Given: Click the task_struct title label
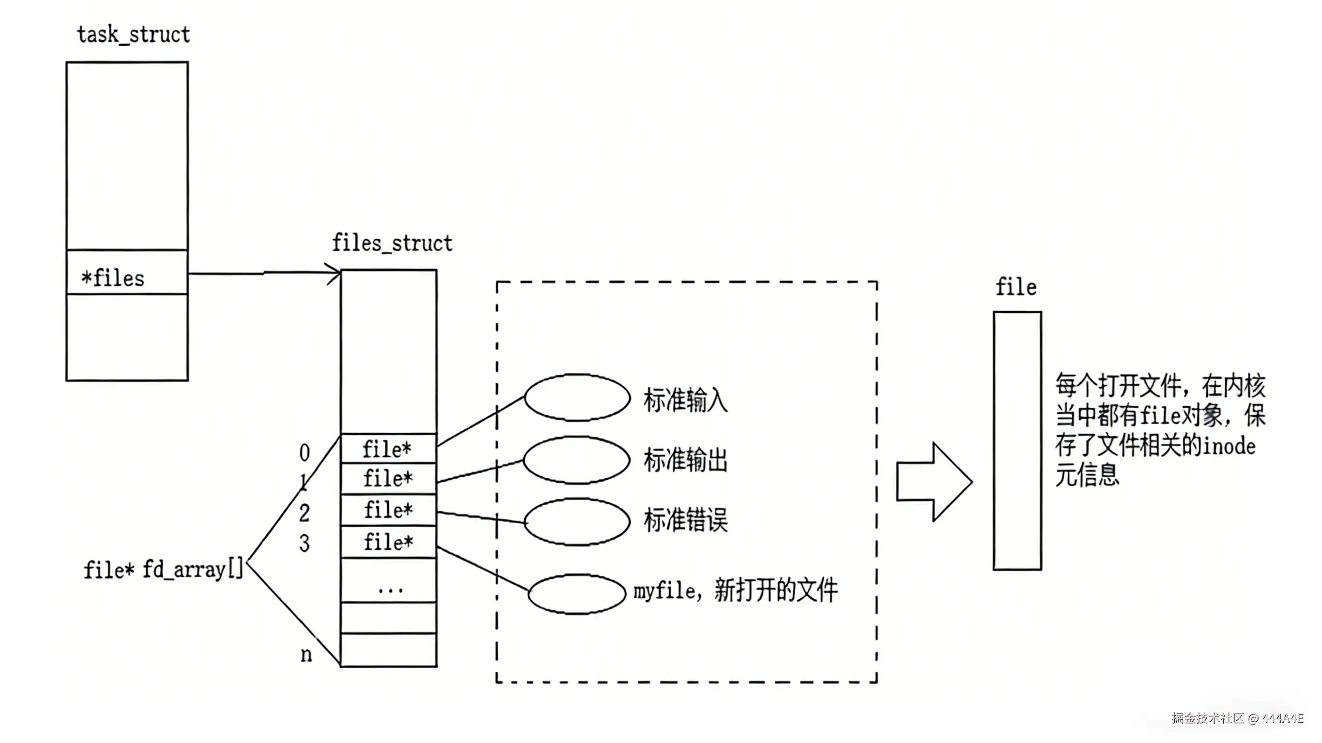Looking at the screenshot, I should click(134, 35).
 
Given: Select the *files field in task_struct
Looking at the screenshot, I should click(113, 278).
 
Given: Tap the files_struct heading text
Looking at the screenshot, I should click(392, 243).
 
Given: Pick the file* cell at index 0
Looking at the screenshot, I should click(388, 450).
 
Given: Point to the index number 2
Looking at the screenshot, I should click(304, 513).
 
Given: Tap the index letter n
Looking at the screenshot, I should click(306, 654).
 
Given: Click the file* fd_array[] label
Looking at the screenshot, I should click(163, 570).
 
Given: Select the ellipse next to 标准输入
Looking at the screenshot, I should click(577, 398).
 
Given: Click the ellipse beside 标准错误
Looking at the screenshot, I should click(577, 522).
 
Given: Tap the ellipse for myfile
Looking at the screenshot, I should click(577, 594).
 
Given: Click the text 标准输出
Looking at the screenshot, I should click(686, 460).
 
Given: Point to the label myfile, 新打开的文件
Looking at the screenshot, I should click(735, 591).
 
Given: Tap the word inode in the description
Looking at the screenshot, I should click(1229, 446).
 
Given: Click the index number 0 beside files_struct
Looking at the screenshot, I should click(304, 453).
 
